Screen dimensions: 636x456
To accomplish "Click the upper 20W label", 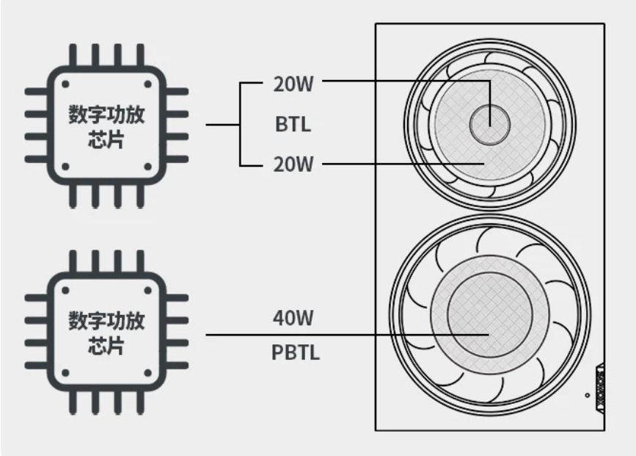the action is (x=293, y=84).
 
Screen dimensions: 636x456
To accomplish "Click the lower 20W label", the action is (x=293, y=164).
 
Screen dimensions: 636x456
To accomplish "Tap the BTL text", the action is (x=293, y=124).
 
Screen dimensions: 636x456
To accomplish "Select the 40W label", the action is (x=293, y=318).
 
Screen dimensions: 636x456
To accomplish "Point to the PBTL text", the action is (x=296, y=352).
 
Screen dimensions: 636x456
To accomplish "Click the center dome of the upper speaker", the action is (x=489, y=124).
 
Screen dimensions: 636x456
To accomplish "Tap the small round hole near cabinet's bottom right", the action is (x=588, y=395).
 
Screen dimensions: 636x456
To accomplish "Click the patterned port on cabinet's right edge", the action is (x=600, y=388).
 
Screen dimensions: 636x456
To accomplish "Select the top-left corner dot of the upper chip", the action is (x=65, y=84).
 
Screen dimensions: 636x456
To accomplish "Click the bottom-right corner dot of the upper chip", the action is (x=147, y=167).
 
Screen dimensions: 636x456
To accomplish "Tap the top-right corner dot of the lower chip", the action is (x=147, y=290).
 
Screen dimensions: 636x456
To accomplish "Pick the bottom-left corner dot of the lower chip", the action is (x=65, y=373).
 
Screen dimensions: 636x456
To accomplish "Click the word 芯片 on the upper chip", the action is (x=106, y=140).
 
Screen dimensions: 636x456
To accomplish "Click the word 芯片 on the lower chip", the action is (x=106, y=346).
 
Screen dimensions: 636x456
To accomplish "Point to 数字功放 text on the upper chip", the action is (x=106, y=114).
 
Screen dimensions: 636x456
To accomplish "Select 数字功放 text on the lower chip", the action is (x=106, y=320).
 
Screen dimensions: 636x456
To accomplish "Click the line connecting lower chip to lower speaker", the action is (x=347, y=335).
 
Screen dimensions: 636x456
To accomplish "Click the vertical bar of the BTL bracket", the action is (x=240, y=124).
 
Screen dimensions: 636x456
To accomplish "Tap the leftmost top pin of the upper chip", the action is (x=73, y=56).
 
